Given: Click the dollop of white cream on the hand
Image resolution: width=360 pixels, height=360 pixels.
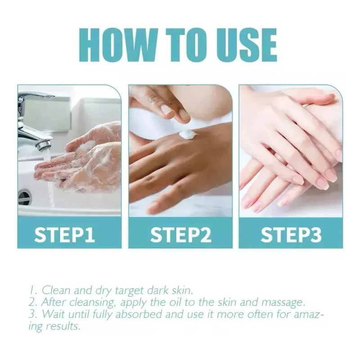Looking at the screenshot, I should (188, 134).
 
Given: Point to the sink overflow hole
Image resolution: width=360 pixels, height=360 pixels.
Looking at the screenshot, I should (23, 197).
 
